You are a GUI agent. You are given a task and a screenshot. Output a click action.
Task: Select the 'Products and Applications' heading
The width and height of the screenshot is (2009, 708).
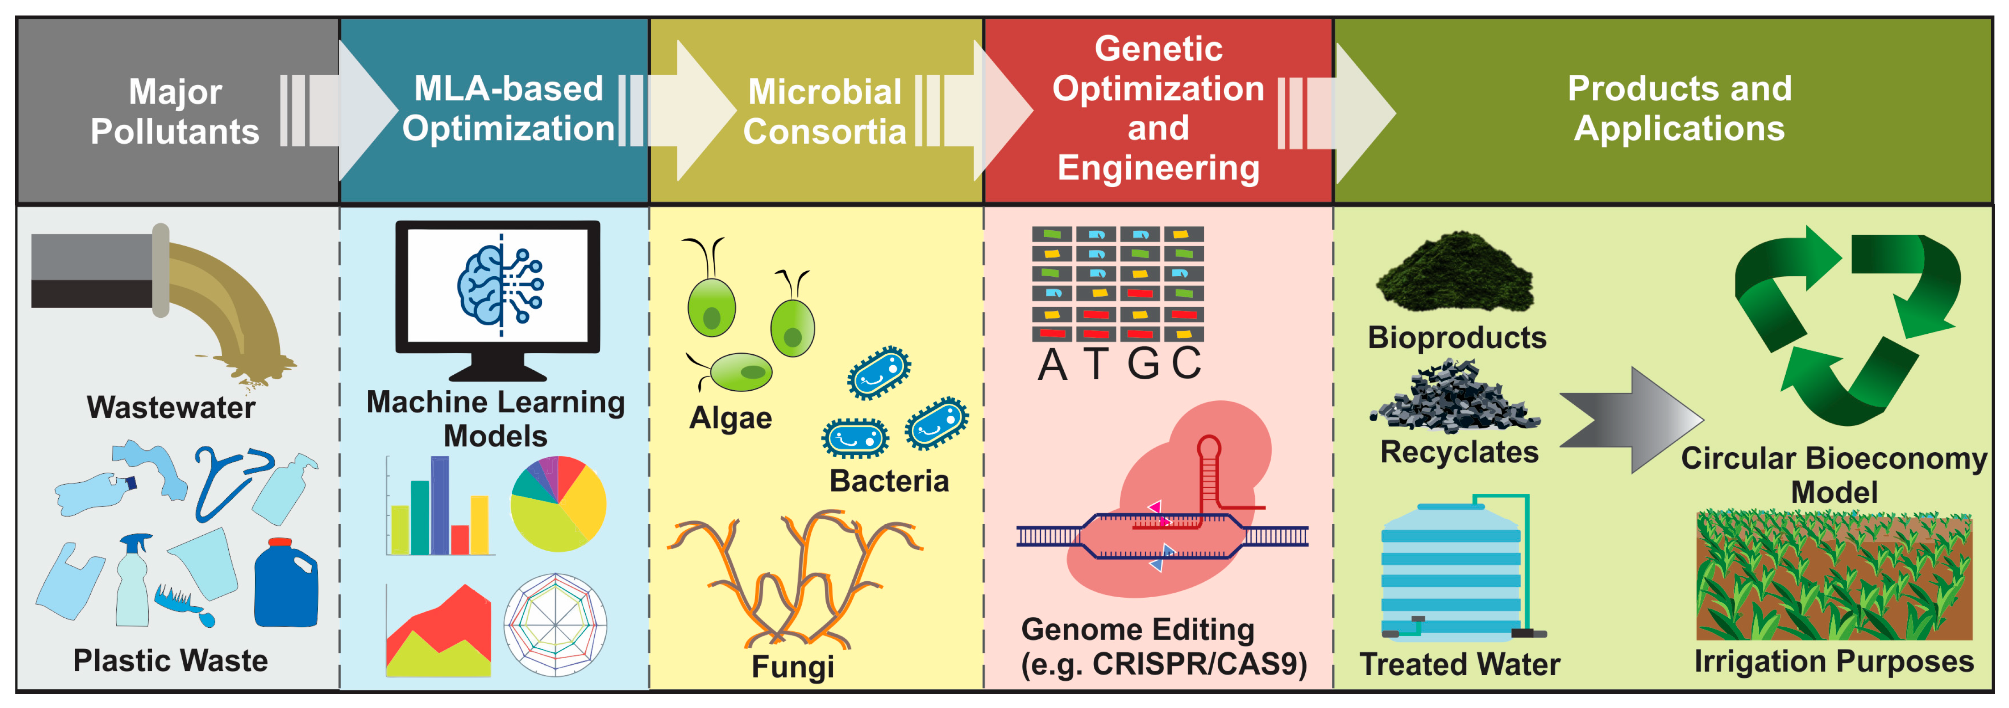pos(1679,109)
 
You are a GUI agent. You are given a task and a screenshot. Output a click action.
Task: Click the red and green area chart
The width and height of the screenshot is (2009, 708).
pos(438,631)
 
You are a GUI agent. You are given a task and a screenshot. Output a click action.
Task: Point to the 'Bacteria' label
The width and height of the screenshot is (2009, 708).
pos(889,481)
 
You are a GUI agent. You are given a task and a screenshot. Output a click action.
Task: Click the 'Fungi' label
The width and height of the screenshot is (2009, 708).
pos(793,667)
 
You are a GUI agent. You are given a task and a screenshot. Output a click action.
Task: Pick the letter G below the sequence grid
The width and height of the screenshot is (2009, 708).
pos(1143,364)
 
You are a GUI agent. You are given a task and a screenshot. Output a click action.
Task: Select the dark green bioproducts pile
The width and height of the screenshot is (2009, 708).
pos(1454,273)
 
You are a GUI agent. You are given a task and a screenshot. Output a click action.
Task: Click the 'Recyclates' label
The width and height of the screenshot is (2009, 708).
pos(1459,452)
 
